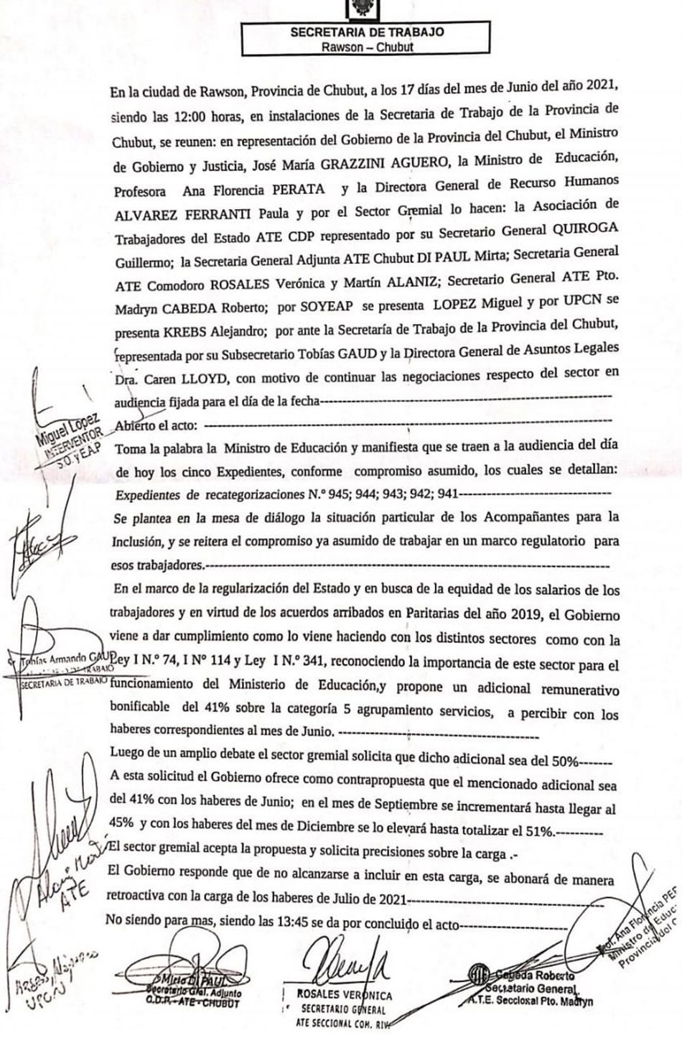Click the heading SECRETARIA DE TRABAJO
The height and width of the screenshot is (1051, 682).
click(367, 32)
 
